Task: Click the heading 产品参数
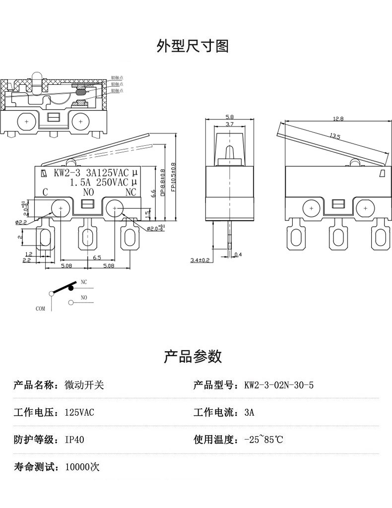tap(193, 356)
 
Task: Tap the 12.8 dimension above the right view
tap(338, 119)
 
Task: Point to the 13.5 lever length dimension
tap(335, 136)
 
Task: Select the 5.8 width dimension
tap(230, 117)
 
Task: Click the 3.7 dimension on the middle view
tap(230, 124)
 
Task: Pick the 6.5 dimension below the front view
tap(97, 258)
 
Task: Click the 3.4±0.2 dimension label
tap(200, 259)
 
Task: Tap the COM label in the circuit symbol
tap(40, 308)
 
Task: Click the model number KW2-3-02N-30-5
tap(279, 385)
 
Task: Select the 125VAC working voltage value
tap(79, 412)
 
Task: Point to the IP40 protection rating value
tap(74, 440)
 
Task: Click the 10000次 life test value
tap(82, 467)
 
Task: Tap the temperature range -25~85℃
tap(263, 440)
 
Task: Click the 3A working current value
tap(249, 412)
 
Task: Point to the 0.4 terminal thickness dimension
tap(237, 254)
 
